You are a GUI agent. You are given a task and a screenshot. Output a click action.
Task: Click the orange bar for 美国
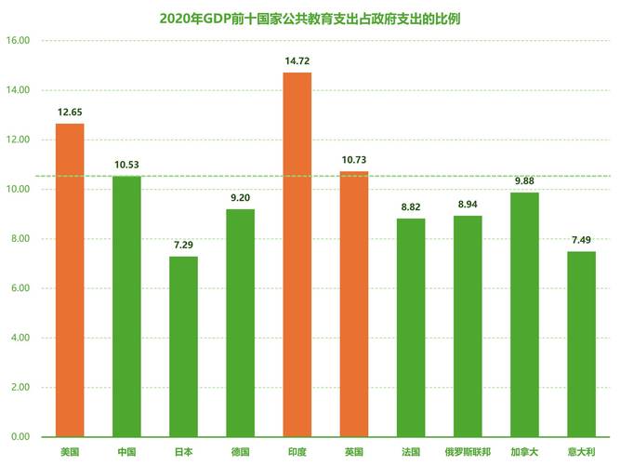(70, 279)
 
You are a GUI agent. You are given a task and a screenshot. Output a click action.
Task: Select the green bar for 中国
(126, 306)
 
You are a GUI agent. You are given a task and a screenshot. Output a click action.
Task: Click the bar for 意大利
(581, 343)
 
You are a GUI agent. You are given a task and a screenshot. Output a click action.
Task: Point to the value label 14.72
(297, 60)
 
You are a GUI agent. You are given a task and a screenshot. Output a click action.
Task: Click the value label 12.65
(70, 112)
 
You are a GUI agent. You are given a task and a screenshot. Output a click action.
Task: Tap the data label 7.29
(183, 245)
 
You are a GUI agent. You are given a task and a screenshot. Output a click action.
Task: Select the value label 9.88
(524, 180)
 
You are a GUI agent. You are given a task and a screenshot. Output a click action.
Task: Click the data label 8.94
(468, 204)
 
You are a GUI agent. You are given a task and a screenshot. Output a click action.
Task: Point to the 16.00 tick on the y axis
(18, 41)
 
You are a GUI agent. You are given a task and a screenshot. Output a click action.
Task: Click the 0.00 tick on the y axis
(20, 437)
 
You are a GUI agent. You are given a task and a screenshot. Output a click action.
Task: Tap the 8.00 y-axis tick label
(20, 239)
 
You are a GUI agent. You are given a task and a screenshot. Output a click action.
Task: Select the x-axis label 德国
(240, 452)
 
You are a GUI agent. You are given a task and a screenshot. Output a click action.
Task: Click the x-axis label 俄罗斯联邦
(468, 452)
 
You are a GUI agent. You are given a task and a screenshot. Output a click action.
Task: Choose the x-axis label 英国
(354, 452)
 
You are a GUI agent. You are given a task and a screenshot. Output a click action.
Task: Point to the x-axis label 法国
(411, 452)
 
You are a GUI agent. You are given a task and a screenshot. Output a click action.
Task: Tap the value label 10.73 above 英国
(354, 160)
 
